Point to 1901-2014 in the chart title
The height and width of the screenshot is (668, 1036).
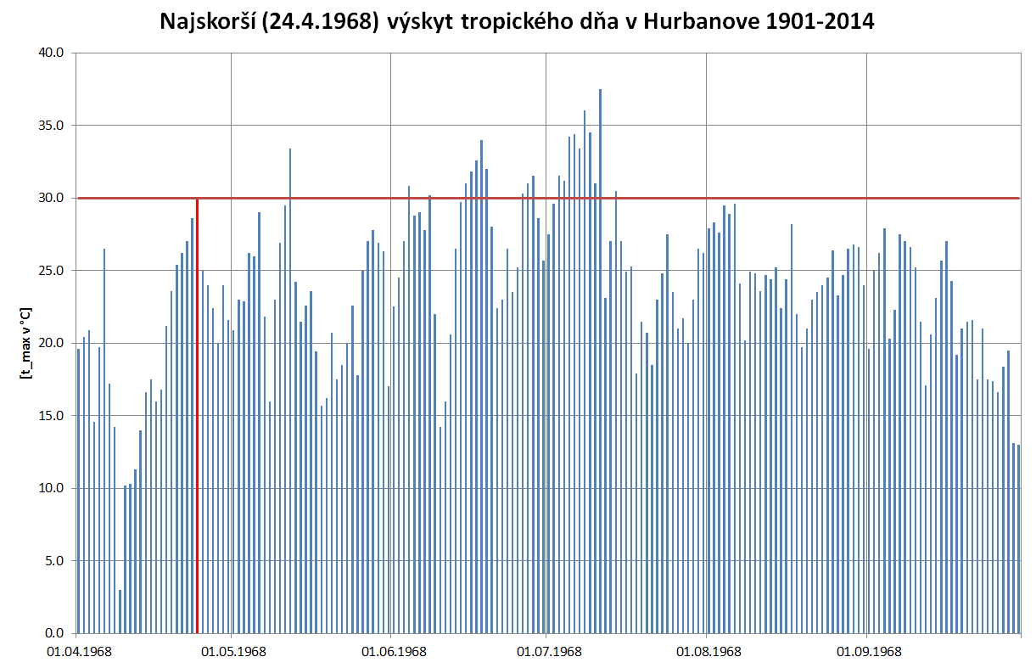(x=820, y=22)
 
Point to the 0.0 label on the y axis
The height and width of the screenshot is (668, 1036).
(x=54, y=633)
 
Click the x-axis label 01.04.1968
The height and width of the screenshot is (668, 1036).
(x=77, y=652)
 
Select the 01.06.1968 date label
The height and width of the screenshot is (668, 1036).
(x=394, y=652)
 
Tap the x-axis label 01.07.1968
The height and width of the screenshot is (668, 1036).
(x=549, y=652)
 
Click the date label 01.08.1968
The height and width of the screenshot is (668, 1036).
(x=708, y=652)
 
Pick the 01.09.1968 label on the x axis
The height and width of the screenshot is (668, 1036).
(x=868, y=652)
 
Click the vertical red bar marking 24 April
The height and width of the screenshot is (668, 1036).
(x=197, y=424)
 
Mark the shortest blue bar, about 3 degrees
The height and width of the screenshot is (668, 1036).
(x=120, y=611)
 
